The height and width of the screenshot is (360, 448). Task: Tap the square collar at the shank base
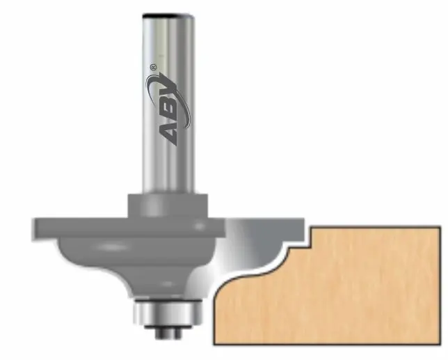point(168,205)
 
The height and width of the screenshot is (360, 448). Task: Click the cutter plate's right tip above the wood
point(301,224)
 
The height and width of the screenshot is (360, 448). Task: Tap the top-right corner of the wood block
point(440,226)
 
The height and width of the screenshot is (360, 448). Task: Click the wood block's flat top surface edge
point(376,226)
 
